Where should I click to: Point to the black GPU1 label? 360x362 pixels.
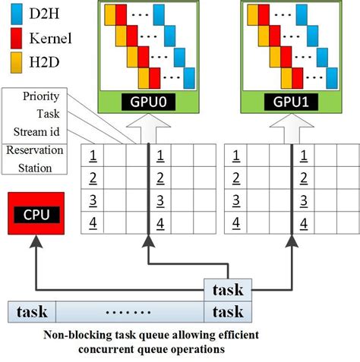pos(292,101)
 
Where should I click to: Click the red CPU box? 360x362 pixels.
pos(36,214)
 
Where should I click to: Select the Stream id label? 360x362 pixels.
pos(39,133)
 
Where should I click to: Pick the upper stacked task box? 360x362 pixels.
pos(228,289)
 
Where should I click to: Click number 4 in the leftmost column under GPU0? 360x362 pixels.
pos(92,222)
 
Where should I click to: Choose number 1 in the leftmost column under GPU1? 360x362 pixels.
pos(237,156)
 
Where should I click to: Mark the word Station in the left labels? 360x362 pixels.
pos(36,168)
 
